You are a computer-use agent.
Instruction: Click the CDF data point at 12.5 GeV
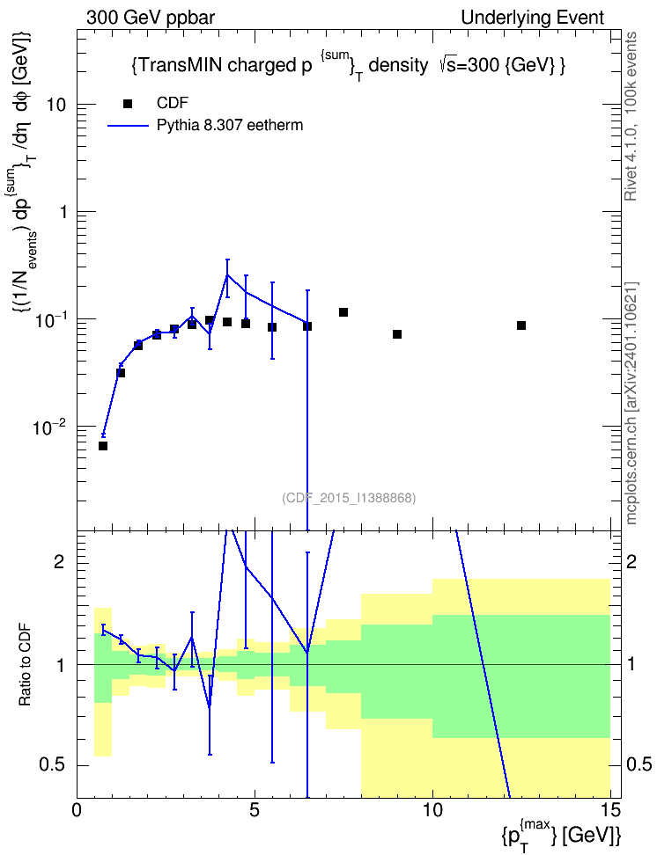(x=521, y=325)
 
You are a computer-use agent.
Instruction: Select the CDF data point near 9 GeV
(x=397, y=334)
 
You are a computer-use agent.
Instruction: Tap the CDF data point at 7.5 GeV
(x=343, y=312)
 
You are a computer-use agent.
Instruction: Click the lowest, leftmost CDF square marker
(x=103, y=446)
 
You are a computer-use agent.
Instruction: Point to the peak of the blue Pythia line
(x=227, y=274)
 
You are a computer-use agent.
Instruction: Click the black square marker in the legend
(x=128, y=104)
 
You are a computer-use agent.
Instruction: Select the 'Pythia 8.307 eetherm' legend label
(x=229, y=126)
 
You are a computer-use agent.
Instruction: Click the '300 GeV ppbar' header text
(x=151, y=18)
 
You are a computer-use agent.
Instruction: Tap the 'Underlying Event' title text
(x=533, y=18)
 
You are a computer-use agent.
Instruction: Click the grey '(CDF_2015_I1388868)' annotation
(x=349, y=498)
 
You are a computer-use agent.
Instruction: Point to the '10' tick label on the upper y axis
(x=55, y=105)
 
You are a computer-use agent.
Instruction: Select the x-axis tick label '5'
(x=255, y=810)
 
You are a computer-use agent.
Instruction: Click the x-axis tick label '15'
(x=610, y=810)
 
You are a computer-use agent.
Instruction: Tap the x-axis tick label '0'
(x=77, y=810)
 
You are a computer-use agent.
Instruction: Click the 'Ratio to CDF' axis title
(x=25, y=665)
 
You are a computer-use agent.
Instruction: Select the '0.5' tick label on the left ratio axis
(x=53, y=765)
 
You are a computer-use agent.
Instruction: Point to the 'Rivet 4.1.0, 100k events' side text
(x=631, y=117)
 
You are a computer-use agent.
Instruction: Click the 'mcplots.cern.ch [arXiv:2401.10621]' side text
(x=631, y=403)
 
